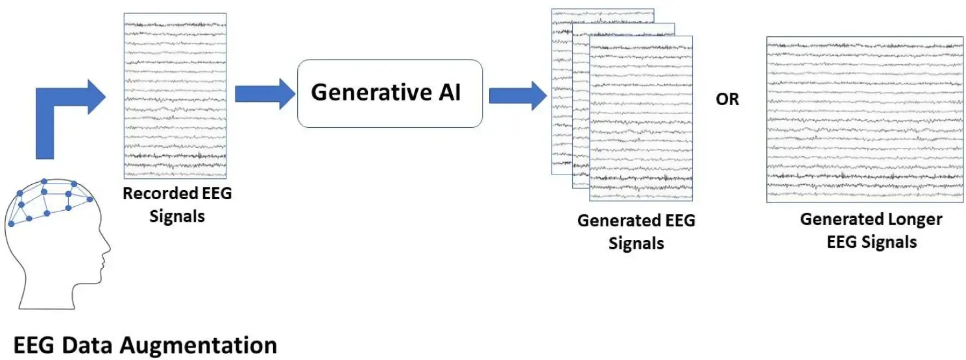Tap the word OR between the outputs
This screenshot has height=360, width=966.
tap(727, 100)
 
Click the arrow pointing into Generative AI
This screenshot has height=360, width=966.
tap(265, 94)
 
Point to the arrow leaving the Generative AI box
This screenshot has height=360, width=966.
tap(518, 96)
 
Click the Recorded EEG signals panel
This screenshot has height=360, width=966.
tap(175, 96)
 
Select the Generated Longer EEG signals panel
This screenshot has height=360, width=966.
tap(865, 119)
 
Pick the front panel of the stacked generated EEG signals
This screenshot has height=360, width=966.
tap(641, 119)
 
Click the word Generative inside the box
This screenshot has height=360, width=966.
tap(371, 92)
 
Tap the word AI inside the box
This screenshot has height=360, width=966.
tap(450, 92)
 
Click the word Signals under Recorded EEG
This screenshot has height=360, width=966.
tap(177, 217)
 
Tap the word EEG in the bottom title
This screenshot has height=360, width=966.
tap(34, 345)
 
